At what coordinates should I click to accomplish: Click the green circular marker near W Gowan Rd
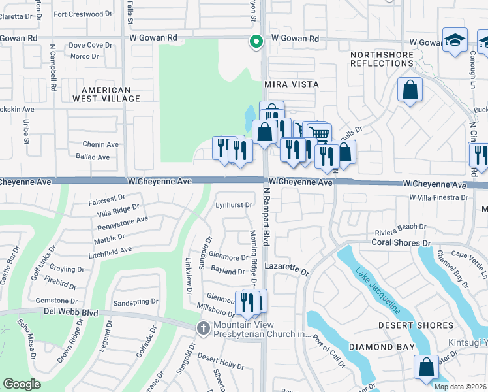click(x=256, y=42)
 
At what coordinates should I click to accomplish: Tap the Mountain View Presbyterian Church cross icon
click(x=204, y=327)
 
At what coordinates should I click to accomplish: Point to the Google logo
click(x=22, y=384)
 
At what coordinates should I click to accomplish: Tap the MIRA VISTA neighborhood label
click(x=291, y=85)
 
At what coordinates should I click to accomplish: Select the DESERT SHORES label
click(x=416, y=325)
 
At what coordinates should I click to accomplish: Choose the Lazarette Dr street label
click(x=286, y=268)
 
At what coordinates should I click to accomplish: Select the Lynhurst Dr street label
click(x=234, y=205)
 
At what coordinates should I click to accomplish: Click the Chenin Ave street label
click(x=100, y=144)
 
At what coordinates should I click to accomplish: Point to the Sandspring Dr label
click(x=136, y=302)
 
